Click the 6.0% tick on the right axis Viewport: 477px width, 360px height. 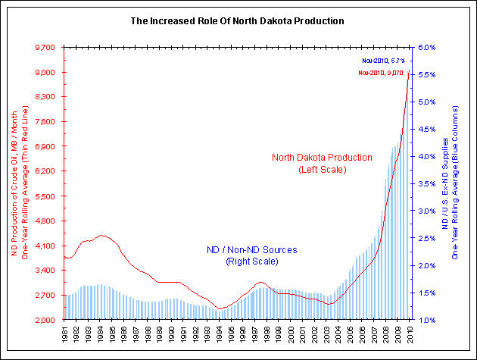(427, 48)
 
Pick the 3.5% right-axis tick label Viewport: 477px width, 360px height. (427, 184)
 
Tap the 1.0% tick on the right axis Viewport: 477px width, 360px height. (427, 320)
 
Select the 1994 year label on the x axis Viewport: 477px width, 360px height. (220, 334)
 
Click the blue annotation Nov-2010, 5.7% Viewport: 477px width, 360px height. (383, 59)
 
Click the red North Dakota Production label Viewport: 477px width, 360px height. (323, 163)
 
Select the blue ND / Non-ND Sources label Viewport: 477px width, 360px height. (252, 255)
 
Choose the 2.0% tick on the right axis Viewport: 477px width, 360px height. (427, 266)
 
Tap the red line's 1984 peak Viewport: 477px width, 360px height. (101, 236)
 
